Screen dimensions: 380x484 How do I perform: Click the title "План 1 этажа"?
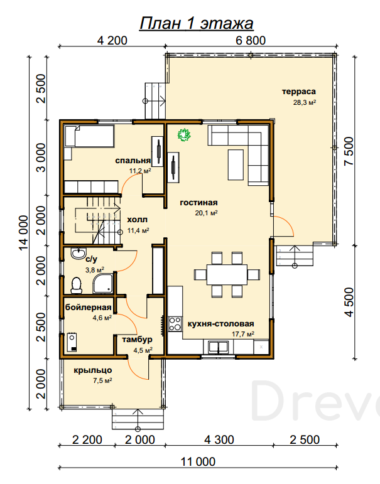coord(197,23)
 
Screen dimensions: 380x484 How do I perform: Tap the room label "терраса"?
coord(299,92)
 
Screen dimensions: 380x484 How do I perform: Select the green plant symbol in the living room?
coord(184,135)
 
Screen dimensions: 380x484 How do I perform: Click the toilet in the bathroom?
coord(76,285)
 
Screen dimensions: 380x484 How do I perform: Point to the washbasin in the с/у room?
coord(79,254)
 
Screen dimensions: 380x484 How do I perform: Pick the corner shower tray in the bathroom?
coord(102,283)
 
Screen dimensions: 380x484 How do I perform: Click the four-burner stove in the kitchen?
coord(175,324)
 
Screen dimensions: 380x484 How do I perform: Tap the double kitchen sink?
coord(219,347)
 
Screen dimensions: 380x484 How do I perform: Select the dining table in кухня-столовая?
coord(227,274)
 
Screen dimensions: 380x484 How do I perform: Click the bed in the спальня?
coord(89,136)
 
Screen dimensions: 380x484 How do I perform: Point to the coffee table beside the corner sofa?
coord(236,164)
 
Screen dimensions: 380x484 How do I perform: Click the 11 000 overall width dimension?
coord(198,462)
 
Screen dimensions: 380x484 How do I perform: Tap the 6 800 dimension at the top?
coord(251,41)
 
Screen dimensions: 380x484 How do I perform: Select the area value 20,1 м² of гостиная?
coord(207,213)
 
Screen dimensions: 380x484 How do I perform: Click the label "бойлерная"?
coord(89,308)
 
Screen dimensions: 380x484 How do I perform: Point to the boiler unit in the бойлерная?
coord(72,342)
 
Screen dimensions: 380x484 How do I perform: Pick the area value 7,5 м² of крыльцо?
coord(102,380)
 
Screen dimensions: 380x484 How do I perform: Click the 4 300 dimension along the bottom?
coord(219,440)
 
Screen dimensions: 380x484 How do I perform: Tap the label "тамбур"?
coord(137,340)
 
